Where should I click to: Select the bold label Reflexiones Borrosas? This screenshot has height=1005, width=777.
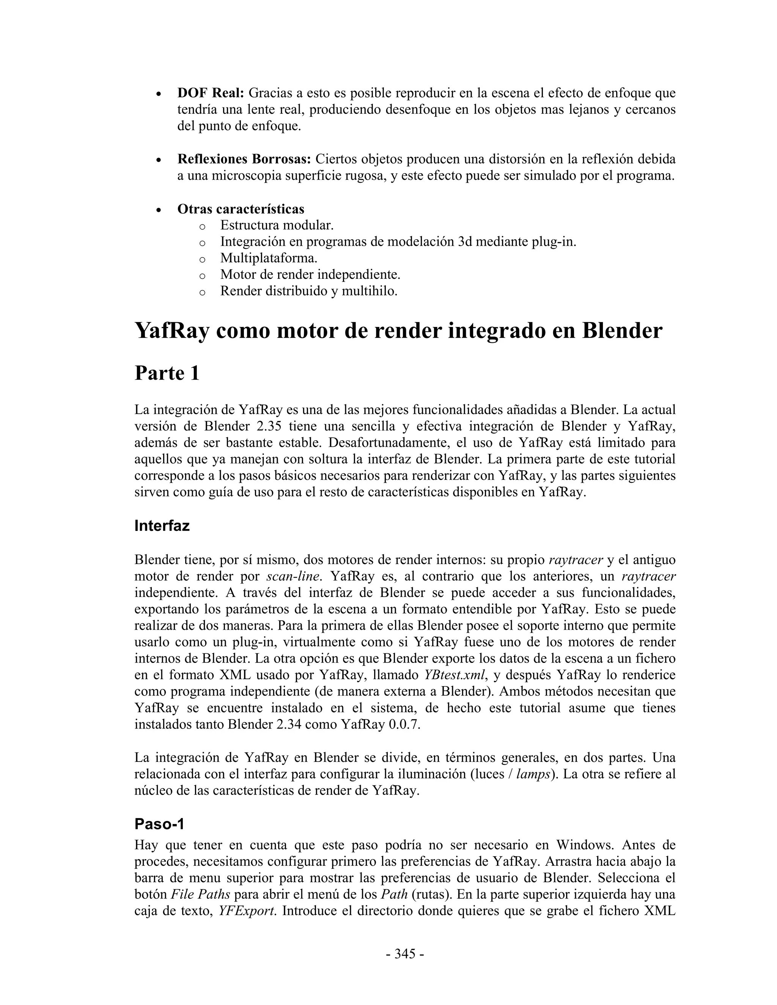244,159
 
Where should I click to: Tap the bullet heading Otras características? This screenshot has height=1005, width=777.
241,209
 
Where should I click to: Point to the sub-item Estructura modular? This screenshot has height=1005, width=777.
277,226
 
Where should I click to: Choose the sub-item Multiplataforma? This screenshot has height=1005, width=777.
269,258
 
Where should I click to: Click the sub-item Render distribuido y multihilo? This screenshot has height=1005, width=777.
308,291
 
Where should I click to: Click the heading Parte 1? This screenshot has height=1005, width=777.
167,373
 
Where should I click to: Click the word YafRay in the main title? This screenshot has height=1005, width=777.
171,330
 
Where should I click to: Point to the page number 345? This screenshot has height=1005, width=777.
405,954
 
